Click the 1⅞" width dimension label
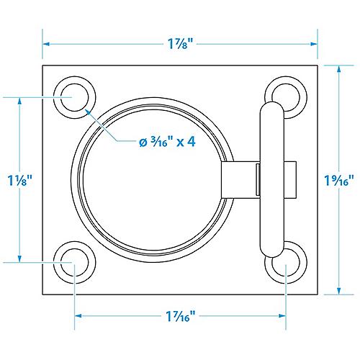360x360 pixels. pos(180,43)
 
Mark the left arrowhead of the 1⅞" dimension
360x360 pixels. pos(46,43)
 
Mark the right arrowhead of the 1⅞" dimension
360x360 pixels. pos(314,43)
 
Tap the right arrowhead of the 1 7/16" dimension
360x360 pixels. pos(282,315)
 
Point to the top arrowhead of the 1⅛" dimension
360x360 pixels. pos(19,100)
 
